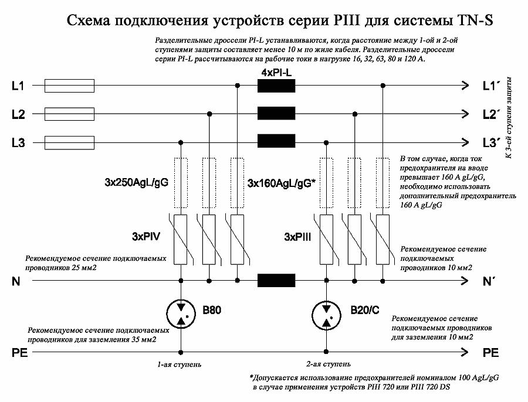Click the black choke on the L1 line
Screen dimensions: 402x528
(277, 86)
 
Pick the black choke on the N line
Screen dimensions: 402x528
(277, 280)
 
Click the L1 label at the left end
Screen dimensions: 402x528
(18, 87)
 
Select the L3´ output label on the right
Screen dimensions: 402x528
(490, 142)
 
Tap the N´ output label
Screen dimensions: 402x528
(489, 281)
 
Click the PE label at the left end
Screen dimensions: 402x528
(19, 353)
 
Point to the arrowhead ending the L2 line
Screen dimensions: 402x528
(465, 114)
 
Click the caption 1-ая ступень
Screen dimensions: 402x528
(180, 364)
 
